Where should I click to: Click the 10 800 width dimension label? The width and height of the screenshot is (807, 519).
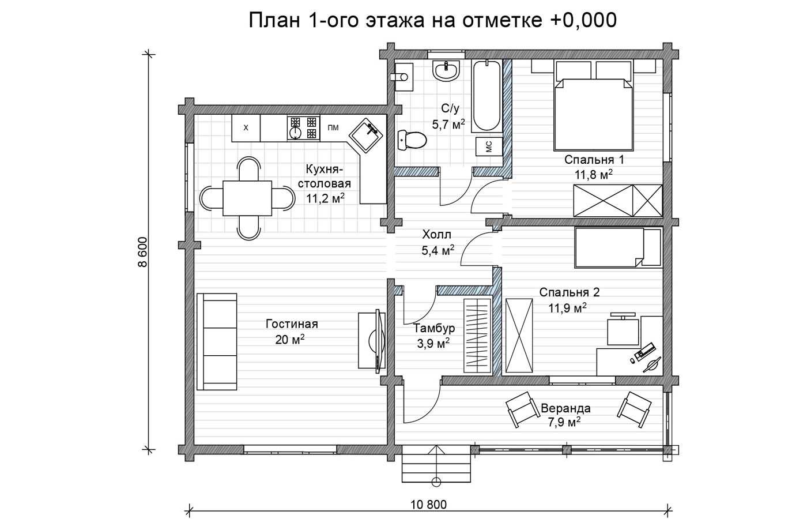[428, 505]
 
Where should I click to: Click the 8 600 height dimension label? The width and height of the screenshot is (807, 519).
[143, 252]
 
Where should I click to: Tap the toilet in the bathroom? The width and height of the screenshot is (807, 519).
[413, 140]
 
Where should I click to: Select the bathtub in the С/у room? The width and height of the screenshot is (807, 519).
[487, 96]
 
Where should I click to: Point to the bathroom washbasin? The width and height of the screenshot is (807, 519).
[446, 70]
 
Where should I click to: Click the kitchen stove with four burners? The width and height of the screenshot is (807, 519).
[303, 128]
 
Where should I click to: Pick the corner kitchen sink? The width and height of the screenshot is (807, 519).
[365, 136]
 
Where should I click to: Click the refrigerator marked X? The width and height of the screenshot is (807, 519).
[246, 128]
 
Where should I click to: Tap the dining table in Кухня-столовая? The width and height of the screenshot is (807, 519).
[247, 198]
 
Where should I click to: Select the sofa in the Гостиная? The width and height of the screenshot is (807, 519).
[217, 341]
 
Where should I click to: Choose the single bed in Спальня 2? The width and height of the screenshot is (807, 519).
[618, 247]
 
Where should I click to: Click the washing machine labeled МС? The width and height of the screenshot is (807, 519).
[489, 146]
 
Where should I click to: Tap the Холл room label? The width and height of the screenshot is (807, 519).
[437, 235]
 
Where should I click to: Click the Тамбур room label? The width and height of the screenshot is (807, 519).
[433, 328]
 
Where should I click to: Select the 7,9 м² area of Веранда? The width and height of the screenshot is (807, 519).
[564, 422]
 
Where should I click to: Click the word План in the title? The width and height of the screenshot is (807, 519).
[274, 20]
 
